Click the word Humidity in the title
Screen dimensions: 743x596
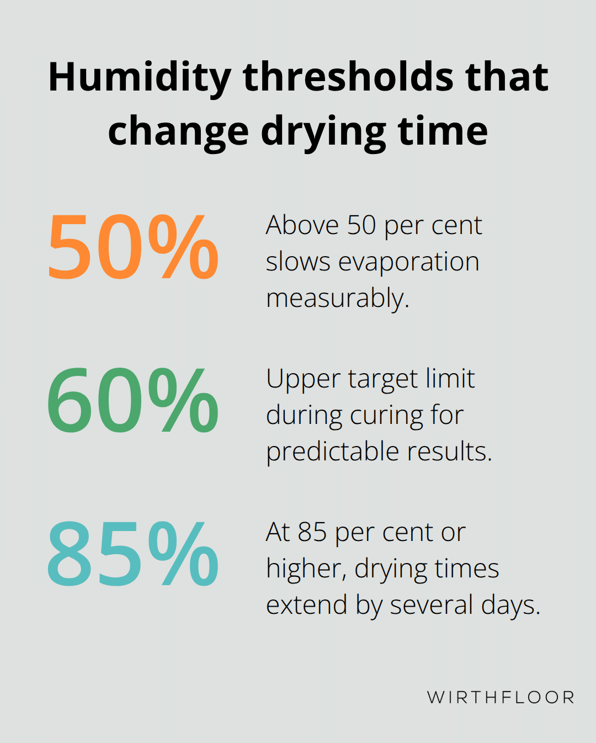(140, 77)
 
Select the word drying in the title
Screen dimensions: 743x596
(323, 132)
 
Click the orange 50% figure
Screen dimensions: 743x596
(133, 247)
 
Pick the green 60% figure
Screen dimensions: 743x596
(133, 401)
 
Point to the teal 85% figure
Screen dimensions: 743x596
(133, 554)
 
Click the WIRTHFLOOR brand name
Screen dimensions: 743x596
(501, 697)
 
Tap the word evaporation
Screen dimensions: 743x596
(408, 262)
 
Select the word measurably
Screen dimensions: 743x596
(337, 299)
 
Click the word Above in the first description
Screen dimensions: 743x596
(302, 225)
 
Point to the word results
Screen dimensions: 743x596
(449, 452)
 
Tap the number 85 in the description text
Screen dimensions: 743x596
(312, 532)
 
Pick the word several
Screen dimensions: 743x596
(432, 605)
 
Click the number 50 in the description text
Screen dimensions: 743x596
(361, 225)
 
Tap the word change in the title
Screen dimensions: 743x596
(178, 132)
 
